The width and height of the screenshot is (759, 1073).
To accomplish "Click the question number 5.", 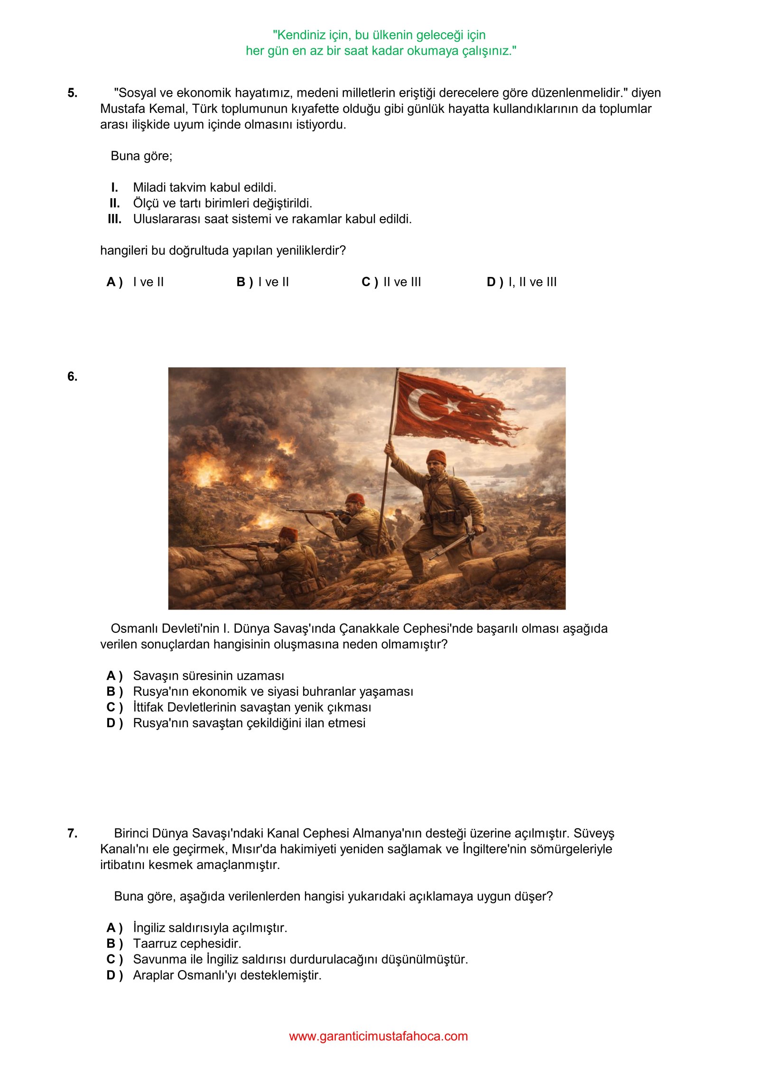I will (72, 93).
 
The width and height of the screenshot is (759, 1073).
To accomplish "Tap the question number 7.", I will (72, 833).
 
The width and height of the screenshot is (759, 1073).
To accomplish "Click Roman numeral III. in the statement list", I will (114, 219).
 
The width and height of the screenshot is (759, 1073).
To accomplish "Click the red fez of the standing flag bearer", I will (436, 457).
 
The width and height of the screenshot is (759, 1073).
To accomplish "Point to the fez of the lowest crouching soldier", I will (288, 534).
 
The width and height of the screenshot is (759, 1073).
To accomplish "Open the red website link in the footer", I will (378, 1036).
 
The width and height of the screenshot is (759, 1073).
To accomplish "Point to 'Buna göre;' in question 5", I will (141, 156).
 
